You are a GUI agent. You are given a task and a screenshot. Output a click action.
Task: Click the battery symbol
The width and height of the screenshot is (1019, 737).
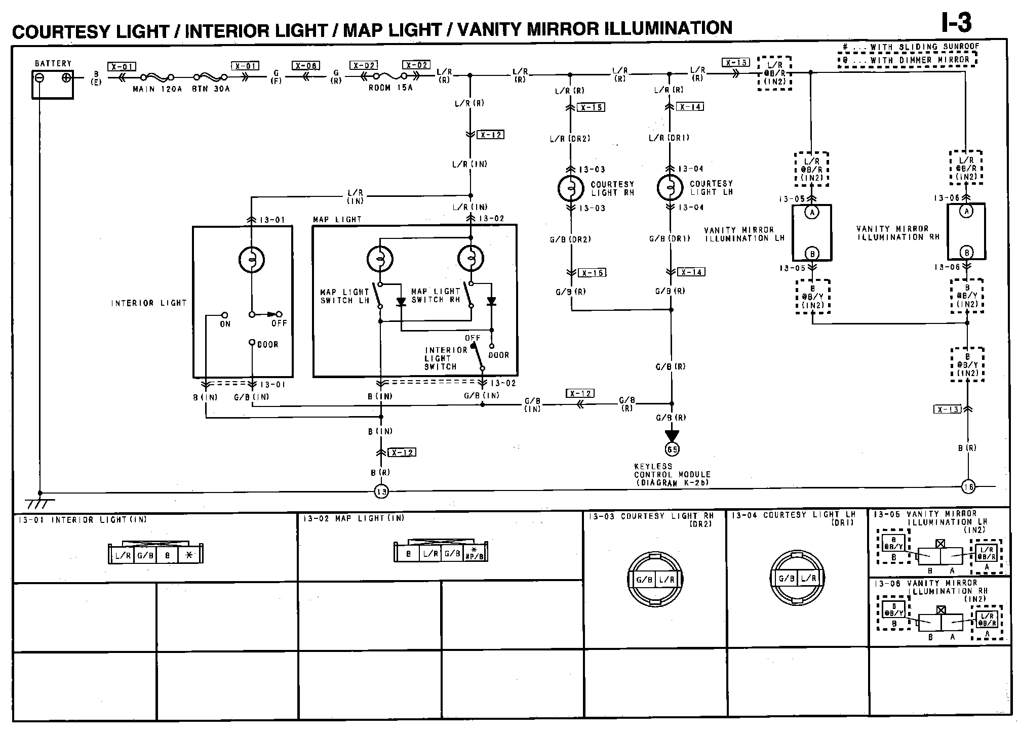coord(53,84)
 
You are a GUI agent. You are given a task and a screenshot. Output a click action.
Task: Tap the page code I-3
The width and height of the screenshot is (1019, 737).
coord(956,23)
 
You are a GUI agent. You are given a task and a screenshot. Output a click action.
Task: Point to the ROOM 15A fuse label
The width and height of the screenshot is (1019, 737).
coord(390,88)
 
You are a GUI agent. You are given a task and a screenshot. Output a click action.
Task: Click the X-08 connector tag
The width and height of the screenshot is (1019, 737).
coord(306,66)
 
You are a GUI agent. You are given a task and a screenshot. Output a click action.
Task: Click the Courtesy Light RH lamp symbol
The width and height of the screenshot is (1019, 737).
coord(571,188)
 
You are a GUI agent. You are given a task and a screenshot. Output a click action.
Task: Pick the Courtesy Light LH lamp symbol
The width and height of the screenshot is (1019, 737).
coord(670,187)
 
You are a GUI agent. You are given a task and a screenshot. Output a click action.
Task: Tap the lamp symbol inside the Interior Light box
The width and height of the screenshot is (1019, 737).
coord(252,260)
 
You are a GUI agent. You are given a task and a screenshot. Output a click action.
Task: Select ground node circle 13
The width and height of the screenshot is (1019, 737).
coord(381,491)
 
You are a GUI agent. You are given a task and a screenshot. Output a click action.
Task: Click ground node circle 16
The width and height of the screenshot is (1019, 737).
coord(968,487)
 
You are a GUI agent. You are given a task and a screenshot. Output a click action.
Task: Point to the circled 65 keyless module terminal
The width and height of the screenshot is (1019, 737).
coord(672,449)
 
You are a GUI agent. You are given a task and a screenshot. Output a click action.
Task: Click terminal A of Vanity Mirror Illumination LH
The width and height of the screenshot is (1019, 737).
coord(812,212)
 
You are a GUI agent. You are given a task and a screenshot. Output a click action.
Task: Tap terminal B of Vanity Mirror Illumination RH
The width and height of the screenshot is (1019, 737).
coord(967,253)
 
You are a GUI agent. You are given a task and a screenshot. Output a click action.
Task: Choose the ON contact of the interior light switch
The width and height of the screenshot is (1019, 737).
coord(225,315)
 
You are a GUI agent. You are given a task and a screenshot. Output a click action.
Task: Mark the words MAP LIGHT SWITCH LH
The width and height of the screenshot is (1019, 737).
coord(344,296)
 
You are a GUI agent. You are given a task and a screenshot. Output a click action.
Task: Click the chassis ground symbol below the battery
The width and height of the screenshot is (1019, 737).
coord(40,503)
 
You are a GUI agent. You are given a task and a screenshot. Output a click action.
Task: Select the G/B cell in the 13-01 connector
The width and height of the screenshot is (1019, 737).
coord(145,555)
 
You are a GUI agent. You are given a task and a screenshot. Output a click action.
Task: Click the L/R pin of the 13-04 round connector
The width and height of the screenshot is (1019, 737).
coord(808,578)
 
